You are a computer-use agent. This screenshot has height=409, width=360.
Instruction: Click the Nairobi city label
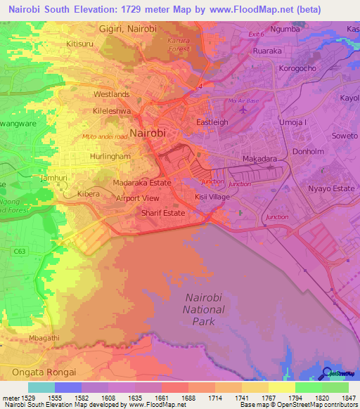click(148, 132)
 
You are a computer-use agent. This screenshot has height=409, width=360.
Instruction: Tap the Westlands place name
click(111, 94)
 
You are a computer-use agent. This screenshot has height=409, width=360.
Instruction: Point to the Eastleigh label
click(212, 122)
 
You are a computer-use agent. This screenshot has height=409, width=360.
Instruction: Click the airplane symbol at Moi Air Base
click(243, 109)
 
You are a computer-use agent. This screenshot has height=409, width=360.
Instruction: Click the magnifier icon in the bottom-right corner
click(326, 373)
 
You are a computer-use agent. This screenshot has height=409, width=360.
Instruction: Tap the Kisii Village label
click(212, 197)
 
